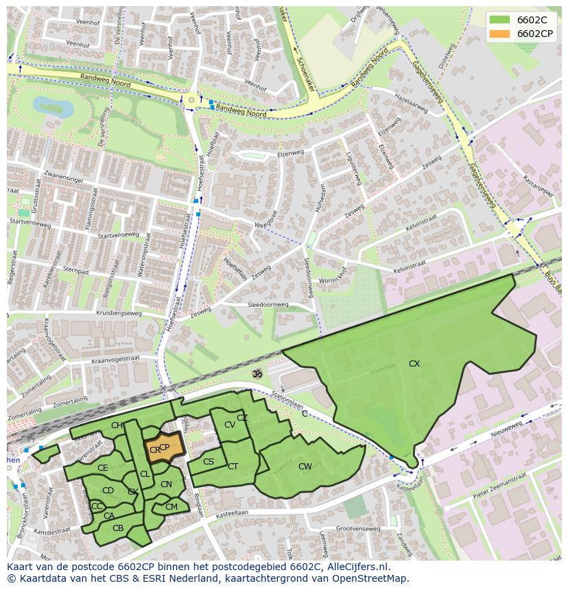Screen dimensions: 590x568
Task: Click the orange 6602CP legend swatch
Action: coord(501,34)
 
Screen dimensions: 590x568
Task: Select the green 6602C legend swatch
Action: coord(501,20)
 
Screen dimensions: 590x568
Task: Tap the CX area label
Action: coord(414,364)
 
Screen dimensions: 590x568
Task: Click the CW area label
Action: coord(305,467)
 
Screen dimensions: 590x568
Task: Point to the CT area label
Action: coord(233,467)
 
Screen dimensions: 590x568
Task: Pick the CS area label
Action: coord(209,462)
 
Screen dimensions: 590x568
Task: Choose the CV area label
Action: coord(230,425)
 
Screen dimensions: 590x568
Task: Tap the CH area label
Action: coord(117,426)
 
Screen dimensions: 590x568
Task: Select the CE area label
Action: coord(102,468)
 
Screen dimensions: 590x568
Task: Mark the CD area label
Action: coord(108,491)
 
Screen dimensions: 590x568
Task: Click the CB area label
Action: coord(118,528)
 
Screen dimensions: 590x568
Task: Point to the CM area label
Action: coord(171,507)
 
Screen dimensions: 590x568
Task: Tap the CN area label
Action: coord(166,484)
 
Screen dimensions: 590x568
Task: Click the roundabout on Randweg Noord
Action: coord(191,101)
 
